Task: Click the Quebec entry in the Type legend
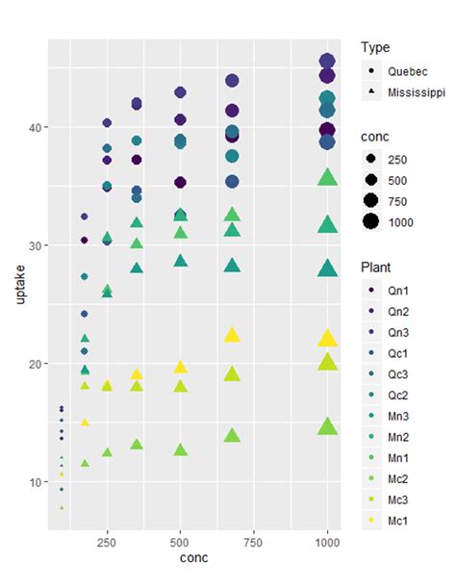tap(402, 71)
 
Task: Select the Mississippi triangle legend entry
tap(414, 92)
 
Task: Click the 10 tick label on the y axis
tap(35, 482)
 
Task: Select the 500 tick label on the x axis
tap(180, 543)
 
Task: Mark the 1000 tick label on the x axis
tap(327, 543)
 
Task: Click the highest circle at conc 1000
tap(327, 62)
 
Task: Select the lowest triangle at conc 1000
tap(327, 426)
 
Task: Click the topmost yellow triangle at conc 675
tap(232, 335)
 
